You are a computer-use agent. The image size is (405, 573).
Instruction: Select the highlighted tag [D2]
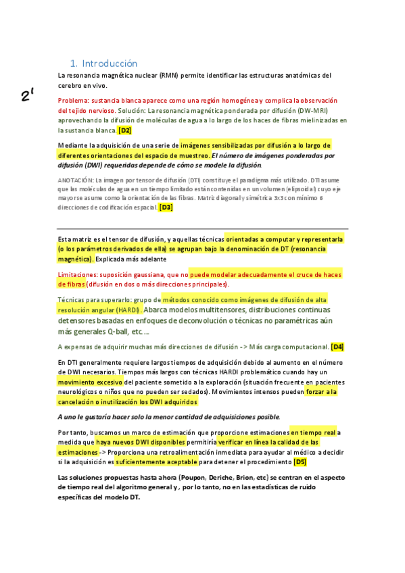(x=125, y=130)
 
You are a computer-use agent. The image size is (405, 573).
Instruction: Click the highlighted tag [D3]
(x=166, y=207)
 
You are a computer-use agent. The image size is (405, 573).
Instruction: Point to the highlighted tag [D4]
(x=337, y=347)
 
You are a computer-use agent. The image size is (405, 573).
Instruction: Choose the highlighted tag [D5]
(x=300, y=462)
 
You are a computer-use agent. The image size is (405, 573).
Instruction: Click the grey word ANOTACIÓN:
(x=76, y=180)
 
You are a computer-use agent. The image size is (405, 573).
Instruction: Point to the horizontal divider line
(x=203, y=228)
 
